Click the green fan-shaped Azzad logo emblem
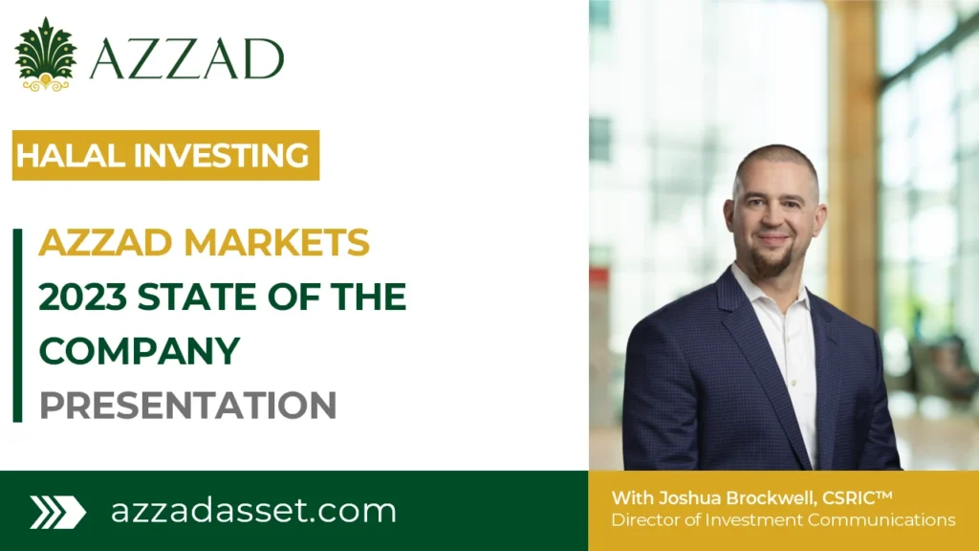point(45,54)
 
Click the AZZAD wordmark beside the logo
point(186,59)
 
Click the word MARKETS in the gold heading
point(277,243)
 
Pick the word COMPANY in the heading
point(139,350)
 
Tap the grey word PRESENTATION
point(187,405)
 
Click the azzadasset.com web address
point(253,510)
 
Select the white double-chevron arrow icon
point(57,512)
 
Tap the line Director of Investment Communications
point(783,520)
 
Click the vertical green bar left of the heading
point(17,325)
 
